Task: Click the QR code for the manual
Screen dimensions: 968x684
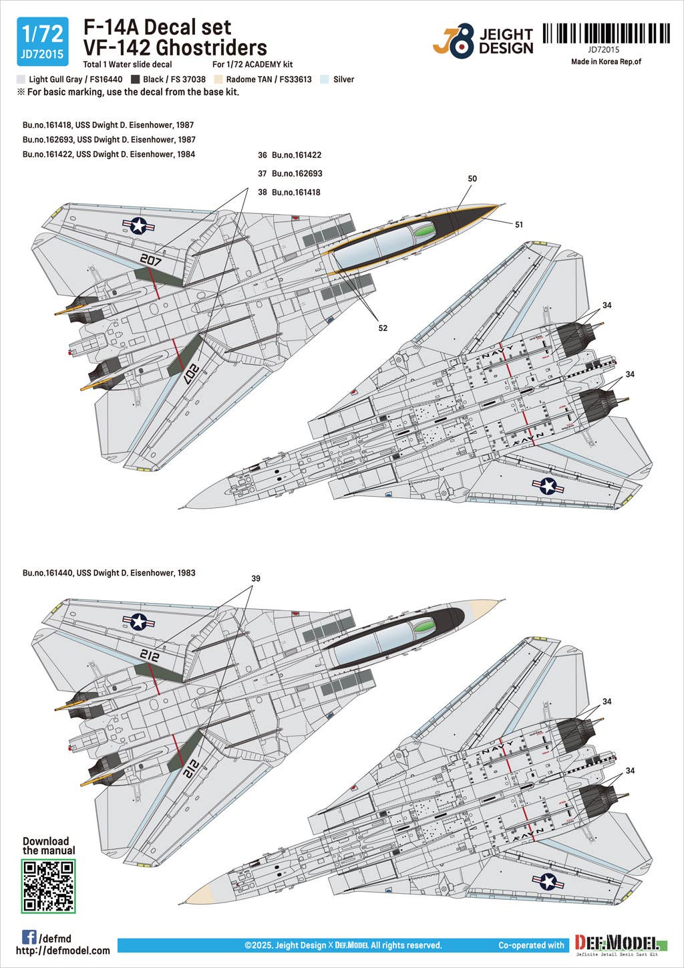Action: click(48, 886)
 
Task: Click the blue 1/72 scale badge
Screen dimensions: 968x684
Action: click(42, 41)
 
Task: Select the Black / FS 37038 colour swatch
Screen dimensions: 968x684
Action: click(136, 79)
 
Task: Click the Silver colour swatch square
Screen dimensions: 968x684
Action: click(325, 79)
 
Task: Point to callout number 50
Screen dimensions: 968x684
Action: click(472, 178)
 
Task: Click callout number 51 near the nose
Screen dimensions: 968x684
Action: click(519, 225)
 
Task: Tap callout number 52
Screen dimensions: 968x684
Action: click(383, 328)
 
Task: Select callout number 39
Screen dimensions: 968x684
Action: click(256, 578)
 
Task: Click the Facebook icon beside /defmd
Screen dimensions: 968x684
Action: click(29, 937)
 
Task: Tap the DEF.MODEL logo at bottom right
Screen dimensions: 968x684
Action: click(617, 945)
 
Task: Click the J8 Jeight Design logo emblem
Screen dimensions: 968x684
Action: click(454, 40)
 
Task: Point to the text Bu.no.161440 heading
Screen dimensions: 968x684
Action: click(109, 573)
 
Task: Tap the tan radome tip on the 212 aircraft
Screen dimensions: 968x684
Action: click(484, 608)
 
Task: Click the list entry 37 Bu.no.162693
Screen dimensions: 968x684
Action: click(290, 173)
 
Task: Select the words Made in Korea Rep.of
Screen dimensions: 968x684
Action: click(606, 62)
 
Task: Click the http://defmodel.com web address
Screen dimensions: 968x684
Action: click(63, 951)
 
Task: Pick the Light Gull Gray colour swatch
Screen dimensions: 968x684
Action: click(21, 79)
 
